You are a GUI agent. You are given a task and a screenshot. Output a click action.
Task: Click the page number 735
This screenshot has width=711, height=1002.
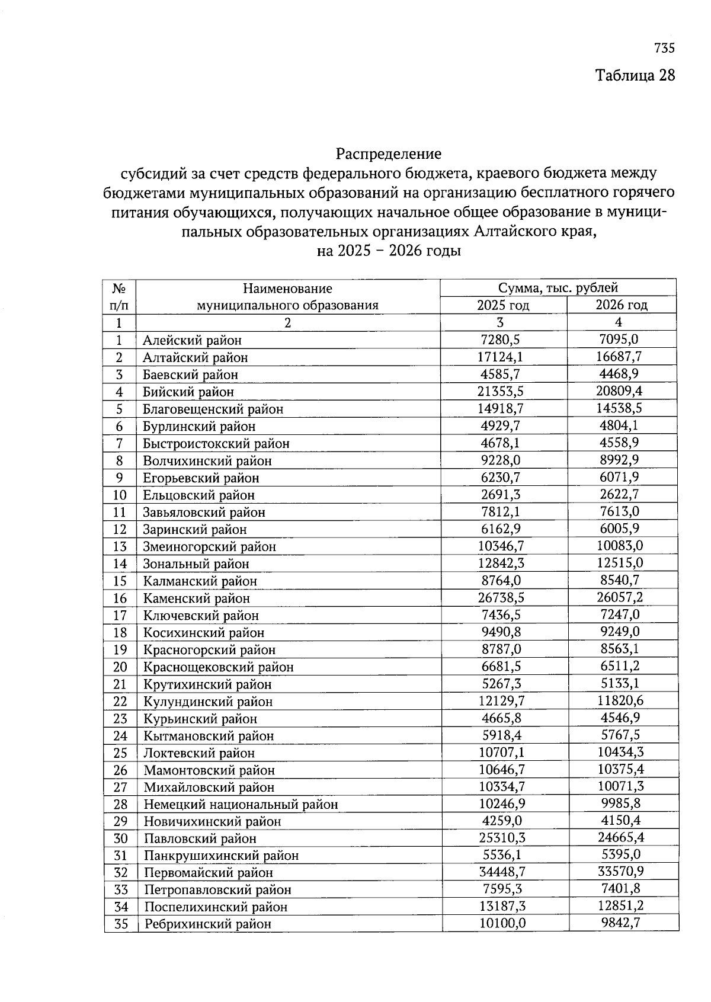665,48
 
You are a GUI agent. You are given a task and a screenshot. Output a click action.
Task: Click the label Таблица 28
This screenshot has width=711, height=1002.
635,76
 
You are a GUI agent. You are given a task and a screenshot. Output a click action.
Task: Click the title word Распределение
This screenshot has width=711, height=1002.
389,154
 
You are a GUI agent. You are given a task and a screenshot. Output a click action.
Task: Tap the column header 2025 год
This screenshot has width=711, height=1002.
503,305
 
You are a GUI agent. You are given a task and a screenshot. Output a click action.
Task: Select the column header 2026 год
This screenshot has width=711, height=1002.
622,305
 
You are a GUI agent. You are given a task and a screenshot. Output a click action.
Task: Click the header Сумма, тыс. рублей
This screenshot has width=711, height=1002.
558,288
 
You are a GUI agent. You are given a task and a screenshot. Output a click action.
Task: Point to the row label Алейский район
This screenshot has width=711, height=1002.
192,340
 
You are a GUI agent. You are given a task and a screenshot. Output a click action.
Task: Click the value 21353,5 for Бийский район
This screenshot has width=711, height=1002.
501,392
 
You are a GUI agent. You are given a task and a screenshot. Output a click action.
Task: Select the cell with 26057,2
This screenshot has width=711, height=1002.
620,597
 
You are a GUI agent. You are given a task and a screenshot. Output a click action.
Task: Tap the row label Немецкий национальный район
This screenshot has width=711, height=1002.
241,805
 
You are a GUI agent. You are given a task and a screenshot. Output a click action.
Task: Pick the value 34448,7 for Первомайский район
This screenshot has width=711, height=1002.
502,872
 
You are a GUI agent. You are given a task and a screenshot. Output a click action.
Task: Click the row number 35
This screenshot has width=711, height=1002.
121,924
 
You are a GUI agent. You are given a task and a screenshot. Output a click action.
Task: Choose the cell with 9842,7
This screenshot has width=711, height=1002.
621,923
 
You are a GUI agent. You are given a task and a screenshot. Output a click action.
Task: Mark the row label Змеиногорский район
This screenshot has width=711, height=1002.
209,546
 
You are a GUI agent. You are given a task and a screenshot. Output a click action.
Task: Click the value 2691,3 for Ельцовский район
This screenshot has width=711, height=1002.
501,495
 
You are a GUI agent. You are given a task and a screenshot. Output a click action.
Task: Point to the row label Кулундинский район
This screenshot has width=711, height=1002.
208,702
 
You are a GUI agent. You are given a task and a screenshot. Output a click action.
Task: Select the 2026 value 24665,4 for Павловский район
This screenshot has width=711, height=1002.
620,837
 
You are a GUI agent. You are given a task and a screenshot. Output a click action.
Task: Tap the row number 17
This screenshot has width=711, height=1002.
120,616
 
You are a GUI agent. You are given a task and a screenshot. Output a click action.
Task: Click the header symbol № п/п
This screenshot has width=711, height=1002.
119,297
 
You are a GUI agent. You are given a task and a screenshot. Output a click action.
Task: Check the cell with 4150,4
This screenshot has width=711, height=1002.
621,821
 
